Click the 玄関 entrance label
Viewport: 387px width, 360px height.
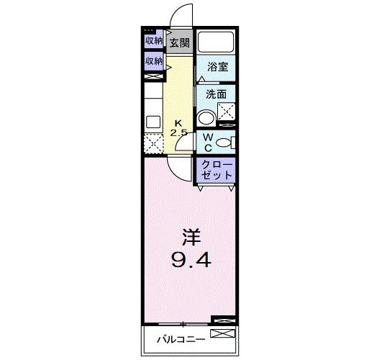click(179, 43)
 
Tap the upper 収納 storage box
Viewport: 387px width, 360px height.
click(153, 40)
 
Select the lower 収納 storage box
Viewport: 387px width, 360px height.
click(153, 62)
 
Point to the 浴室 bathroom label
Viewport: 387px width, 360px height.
click(217, 67)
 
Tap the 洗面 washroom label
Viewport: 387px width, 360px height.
click(216, 94)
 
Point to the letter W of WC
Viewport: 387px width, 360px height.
click(206, 136)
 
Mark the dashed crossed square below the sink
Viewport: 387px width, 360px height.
click(154, 143)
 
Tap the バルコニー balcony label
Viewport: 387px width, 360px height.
click(181, 339)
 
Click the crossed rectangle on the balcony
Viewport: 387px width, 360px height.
click(222, 333)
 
